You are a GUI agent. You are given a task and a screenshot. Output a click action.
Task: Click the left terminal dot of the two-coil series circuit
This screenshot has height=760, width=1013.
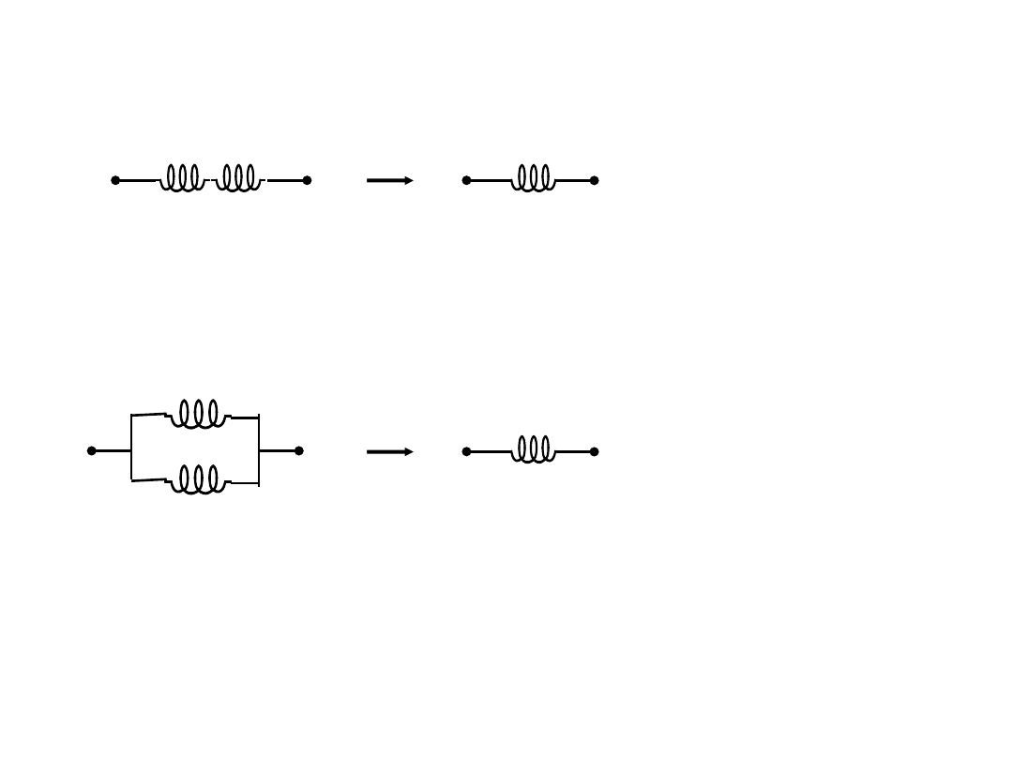[x=115, y=180]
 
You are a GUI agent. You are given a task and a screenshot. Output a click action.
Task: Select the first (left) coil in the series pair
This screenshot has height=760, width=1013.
[x=182, y=178]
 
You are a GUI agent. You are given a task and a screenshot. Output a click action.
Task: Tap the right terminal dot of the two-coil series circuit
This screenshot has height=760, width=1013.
[x=307, y=180]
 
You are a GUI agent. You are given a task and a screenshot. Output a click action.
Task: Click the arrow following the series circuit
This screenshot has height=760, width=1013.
[x=389, y=180]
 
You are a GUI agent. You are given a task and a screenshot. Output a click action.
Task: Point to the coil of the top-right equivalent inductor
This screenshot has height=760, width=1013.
[x=533, y=178]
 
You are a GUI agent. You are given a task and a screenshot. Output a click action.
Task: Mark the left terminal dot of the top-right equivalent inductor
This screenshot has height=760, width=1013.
[x=466, y=180]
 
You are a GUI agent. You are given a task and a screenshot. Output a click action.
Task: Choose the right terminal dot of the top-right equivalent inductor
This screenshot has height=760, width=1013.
[x=595, y=180]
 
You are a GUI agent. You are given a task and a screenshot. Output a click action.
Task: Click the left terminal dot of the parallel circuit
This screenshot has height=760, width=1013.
[x=91, y=450]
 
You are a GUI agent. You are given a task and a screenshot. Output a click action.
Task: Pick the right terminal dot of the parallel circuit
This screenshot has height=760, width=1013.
[x=299, y=450]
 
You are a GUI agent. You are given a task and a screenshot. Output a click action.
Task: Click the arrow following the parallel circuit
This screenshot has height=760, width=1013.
[x=389, y=451]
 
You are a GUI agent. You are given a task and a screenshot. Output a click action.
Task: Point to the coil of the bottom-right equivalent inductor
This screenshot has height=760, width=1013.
[x=533, y=449]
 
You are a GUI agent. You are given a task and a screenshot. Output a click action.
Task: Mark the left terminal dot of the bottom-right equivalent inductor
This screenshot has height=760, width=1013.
[x=466, y=451]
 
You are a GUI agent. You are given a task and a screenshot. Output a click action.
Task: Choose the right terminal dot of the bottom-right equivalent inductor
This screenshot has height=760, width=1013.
[x=595, y=451]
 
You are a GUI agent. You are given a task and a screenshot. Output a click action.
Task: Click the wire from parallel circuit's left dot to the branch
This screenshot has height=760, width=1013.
[x=112, y=450]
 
